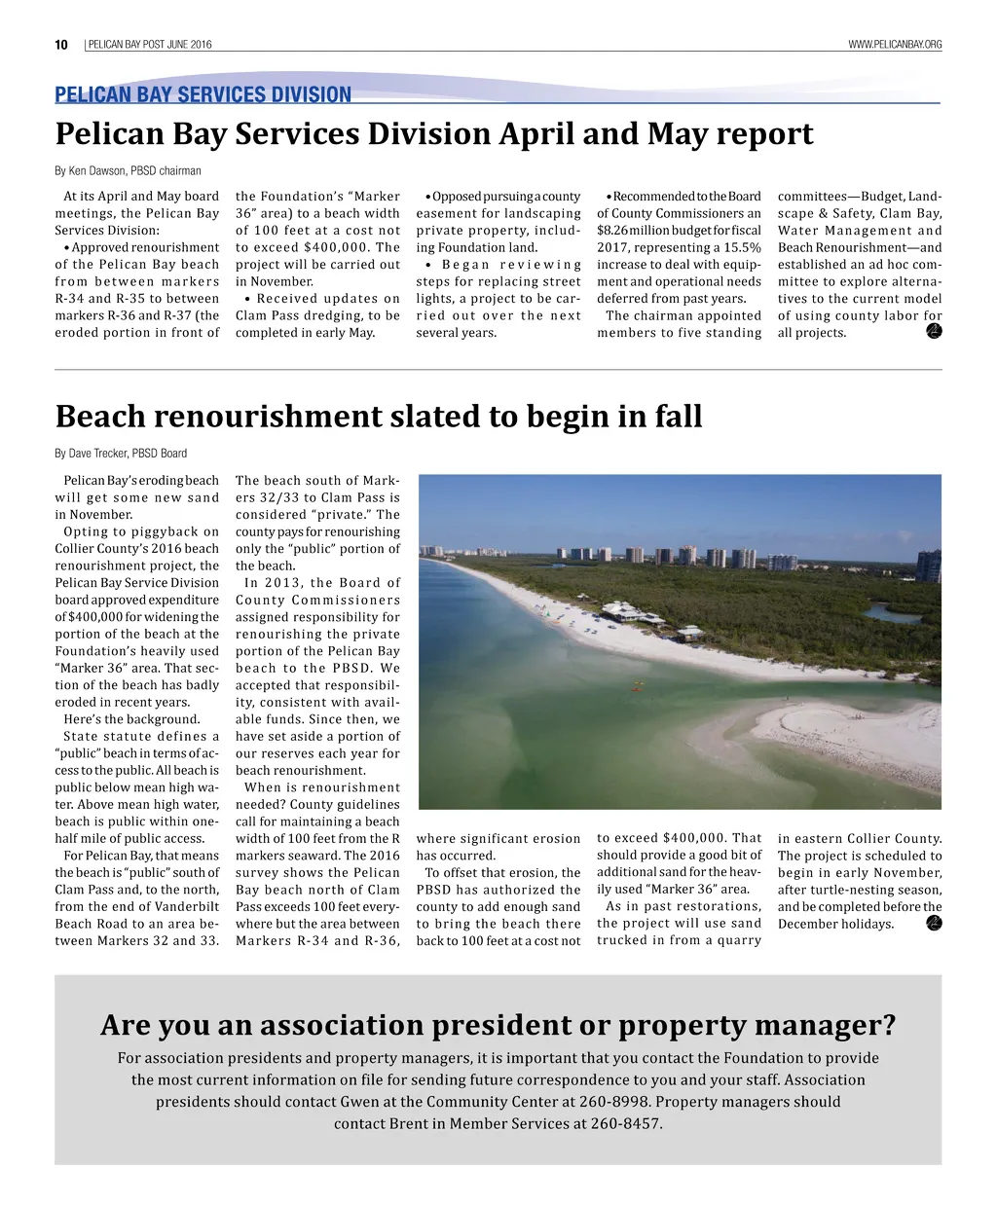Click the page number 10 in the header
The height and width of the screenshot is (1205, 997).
pyautogui.click(x=61, y=45)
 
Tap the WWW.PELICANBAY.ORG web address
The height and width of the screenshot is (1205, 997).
pyautogui.click(x=895, y=45)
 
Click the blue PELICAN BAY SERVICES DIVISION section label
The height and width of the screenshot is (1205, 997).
pyautogui.click(x=203, y=94)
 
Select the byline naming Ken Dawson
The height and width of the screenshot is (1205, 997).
pyautogui.click(x=128, y=171)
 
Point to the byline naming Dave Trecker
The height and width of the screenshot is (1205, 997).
pyautogui.click(x=121, y=454)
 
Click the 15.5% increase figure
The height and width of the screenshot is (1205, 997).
pyautogui.click(x=740, y=247)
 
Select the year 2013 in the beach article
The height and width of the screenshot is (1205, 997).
pyautogui.click(x=282, y=583)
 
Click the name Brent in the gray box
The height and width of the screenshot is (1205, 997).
pyautogui.click(x=409, y=1123)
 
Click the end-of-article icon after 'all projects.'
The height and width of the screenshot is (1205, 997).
pyautogui.click(x=934, y=332)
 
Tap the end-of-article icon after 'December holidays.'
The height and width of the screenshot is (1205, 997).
pyautogui.click(x=934, y=923)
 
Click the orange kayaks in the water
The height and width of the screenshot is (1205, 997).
pyautogui.click(x=641, y=685)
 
